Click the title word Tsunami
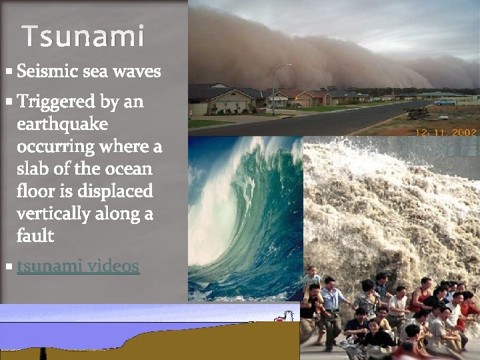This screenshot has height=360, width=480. click(x=83, y=36)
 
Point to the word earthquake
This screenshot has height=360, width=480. click(x=63, y=125)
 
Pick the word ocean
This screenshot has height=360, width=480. click(x=131, y=169)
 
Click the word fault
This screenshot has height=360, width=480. click(x=35, y=235)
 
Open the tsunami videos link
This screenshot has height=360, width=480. click(x=78, y=266)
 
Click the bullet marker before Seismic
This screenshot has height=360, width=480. click(x=7, y=70)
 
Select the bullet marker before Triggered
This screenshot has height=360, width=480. click(x=7, y=102)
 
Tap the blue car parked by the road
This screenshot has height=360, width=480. click(x=443, y=102)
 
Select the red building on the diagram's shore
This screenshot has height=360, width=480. click(x=288, y=315)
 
